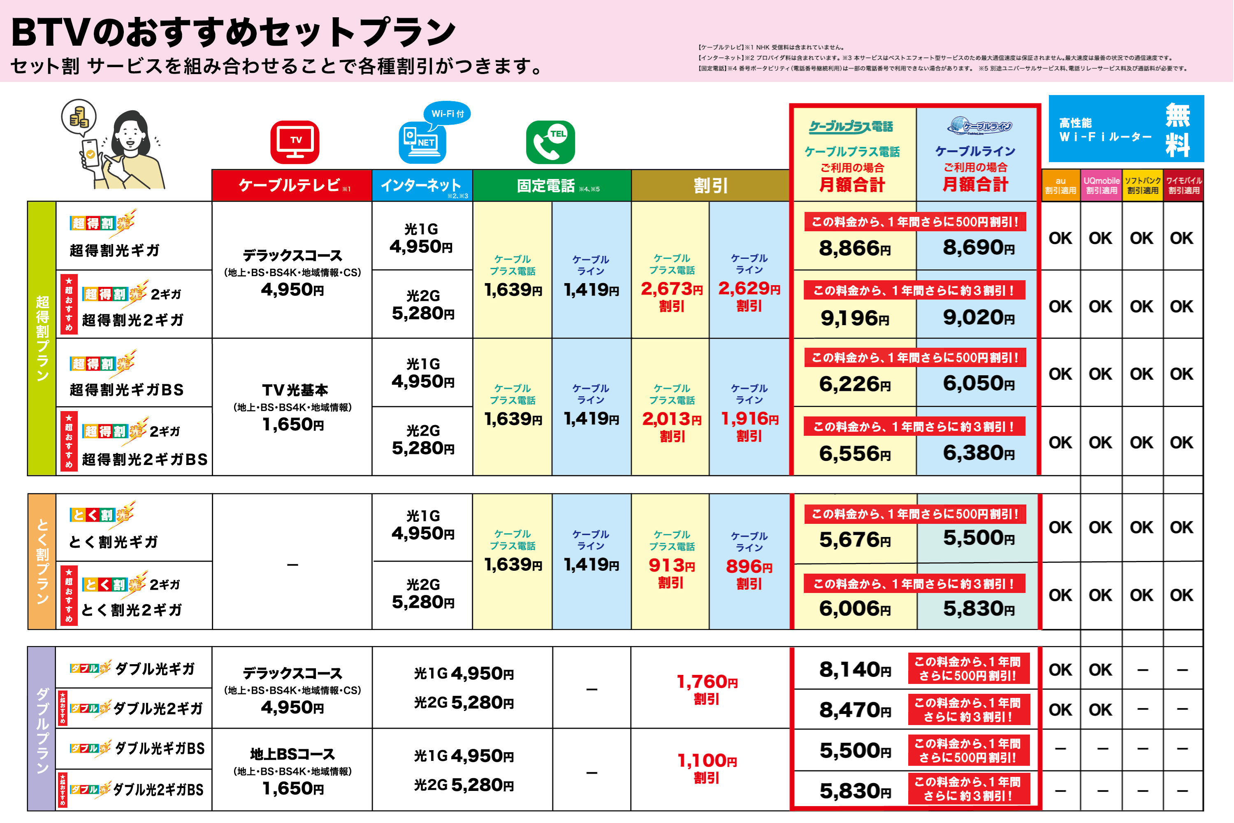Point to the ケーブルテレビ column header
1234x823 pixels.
pos(292,185)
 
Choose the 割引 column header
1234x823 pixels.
pos(710,185)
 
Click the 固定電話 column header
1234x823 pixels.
pos(552,185)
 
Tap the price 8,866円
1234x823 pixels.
pos(855,248)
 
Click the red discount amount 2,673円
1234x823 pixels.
pos(672,289)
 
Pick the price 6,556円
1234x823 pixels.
pos(855,453)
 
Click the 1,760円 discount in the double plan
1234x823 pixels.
pos(707,682)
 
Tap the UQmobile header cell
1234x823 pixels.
pos(1101,185)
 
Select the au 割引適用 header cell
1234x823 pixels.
pos(1060,185)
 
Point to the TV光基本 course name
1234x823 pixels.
pos(295,390)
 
